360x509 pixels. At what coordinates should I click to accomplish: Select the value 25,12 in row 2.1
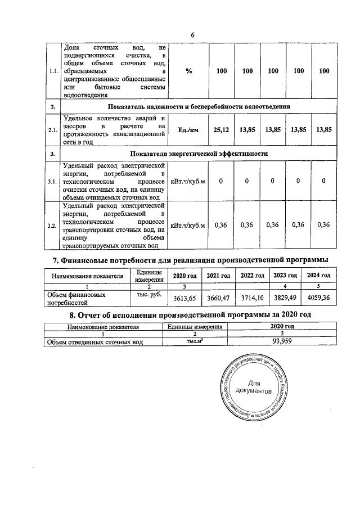[222, 130]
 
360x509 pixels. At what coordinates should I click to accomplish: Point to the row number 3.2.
[52, 226]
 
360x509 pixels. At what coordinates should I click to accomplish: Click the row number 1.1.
[52, 71]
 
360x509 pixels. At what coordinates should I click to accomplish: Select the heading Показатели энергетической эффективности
[199, 154]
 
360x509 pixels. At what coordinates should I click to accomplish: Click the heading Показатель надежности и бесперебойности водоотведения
[199, 106]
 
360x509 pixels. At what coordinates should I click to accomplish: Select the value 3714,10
[251, 297]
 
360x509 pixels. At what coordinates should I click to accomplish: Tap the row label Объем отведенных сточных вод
[94, 341]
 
